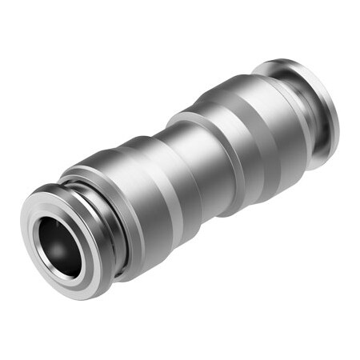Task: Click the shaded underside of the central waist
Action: pos(200,208)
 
